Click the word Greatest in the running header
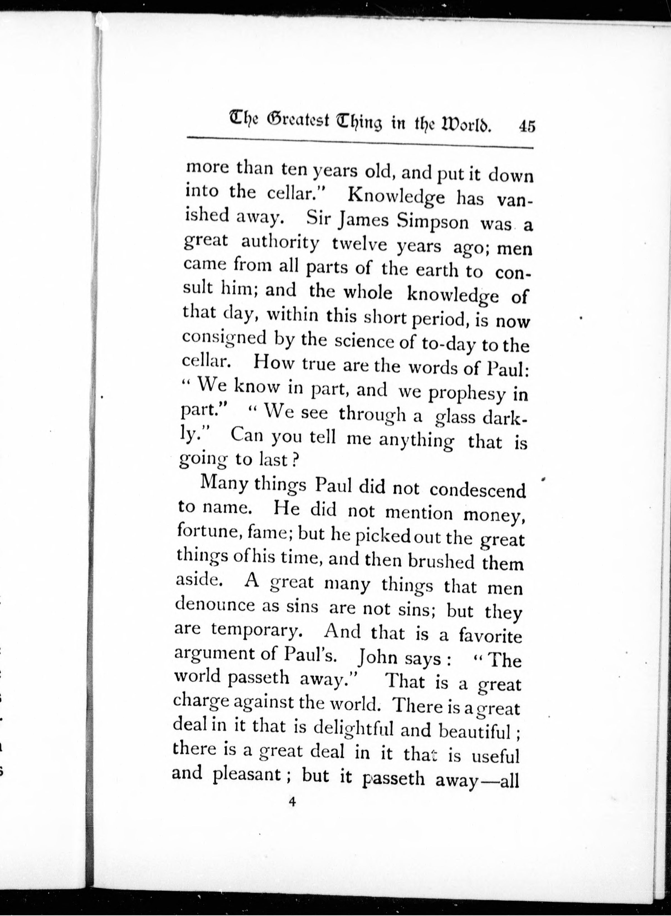(x=297, y=120)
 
